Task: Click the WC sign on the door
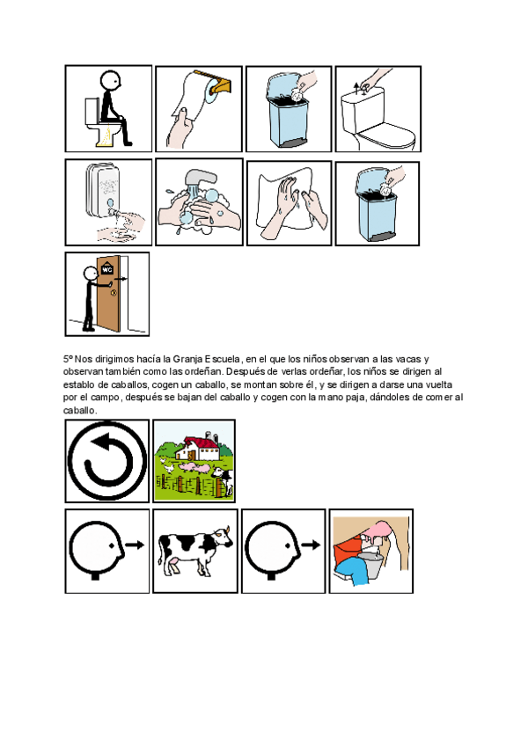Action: point(106,270)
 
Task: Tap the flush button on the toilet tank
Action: point(357,86)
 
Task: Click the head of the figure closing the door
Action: point(89,273)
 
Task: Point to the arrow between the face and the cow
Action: point(134,545)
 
